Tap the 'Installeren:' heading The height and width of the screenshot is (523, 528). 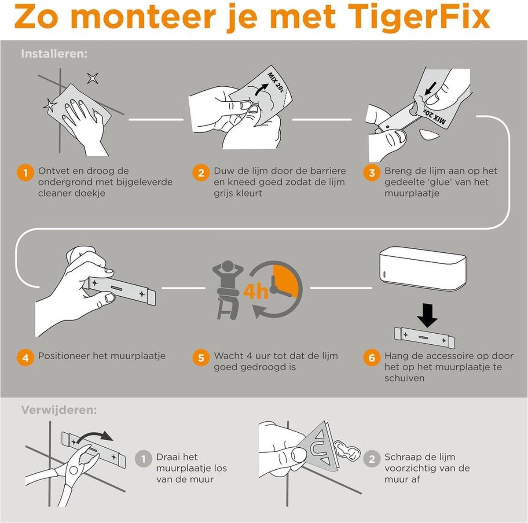(x=54, y=54)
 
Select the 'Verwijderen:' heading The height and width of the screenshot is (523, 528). (x=59, y=411)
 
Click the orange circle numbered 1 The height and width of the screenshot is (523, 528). (x=26, y=173)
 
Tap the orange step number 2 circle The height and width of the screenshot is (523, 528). (x=201, y=173)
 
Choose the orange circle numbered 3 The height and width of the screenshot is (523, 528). (x=372, y=173)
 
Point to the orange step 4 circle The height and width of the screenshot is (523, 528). (x=26, y=358)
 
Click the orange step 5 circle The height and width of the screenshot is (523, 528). (x=201, y=358)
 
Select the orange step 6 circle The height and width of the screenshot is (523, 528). (x=372, y=358)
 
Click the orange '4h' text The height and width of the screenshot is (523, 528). (x=256, y=292)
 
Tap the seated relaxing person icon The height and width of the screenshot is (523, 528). (x=227, y=290)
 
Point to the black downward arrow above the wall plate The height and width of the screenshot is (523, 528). (x=427, y=315)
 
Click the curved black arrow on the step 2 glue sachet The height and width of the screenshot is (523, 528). (x=261, y=89)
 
